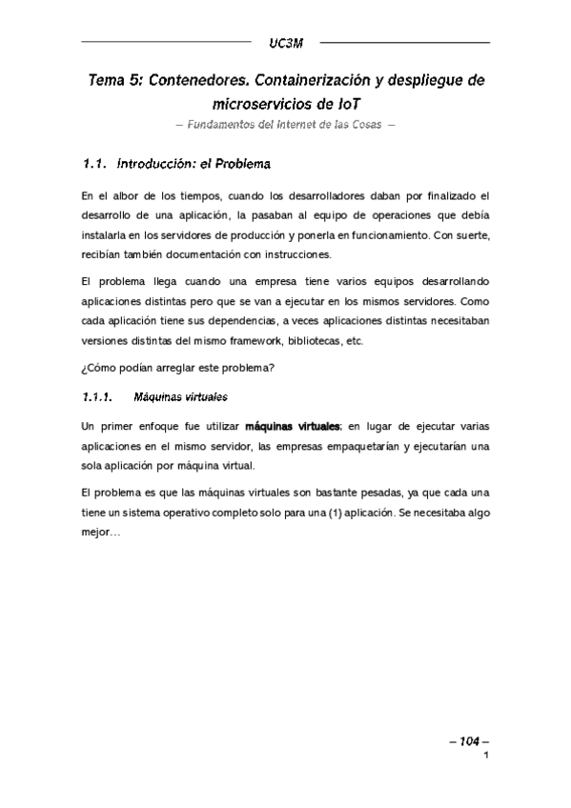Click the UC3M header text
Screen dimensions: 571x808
pos(285,43)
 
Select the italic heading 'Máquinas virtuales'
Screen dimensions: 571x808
pos(180,395)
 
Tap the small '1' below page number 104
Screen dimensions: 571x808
pos(485,757)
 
